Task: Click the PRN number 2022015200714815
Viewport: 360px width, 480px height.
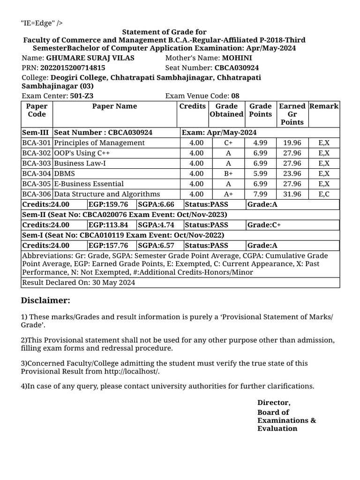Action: tap(73, 67)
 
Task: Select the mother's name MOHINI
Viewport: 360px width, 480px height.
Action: tap(237, 58)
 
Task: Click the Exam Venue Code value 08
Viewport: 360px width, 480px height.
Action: tap(235, 96)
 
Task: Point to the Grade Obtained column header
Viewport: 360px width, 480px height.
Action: tap(226, 110)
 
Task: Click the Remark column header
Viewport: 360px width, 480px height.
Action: tap(324, 106)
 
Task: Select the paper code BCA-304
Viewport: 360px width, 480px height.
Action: tap(37, 173)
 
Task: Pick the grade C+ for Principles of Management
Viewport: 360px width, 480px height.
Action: tap(228, 143)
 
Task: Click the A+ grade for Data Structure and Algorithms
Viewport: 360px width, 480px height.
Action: tap(228, 194)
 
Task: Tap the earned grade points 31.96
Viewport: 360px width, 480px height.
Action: tap(292, 194)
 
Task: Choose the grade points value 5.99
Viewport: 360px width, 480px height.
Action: tap(260, 173)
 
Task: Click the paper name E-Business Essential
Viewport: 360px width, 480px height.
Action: tap(89, 184)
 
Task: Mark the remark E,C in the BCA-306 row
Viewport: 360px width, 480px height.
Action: tap(324, 194)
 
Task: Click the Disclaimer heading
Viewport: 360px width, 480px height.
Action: tap(45, 300)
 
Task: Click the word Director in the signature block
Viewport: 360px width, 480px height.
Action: tap(274, 403)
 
